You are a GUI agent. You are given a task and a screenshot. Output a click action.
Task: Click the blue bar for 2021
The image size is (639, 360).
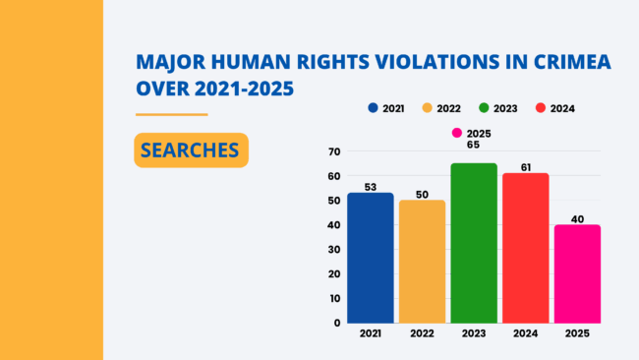(371, 258)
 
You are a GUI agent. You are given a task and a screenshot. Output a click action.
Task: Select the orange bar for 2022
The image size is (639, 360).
(422, 262)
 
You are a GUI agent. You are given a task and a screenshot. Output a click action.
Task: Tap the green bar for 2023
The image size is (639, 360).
(474, 243)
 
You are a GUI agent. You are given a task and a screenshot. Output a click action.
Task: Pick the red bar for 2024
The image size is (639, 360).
(526, 248)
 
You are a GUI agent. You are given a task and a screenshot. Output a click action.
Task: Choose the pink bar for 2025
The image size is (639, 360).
(577, 274)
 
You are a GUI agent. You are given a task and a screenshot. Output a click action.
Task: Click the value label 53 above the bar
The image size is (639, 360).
(371, 187)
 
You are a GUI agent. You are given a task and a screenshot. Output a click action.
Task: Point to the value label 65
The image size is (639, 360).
(473, 146)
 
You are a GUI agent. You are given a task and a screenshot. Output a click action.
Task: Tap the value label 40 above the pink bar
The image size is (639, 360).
(577, 219)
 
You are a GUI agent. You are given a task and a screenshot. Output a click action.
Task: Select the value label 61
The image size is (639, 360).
(526, 167)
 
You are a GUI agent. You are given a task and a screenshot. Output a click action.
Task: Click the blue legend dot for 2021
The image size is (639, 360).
(373, 108)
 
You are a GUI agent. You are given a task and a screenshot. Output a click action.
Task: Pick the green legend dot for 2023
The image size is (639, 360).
(484, 108)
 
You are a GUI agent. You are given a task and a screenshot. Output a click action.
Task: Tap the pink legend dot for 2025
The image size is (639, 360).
(457, 133)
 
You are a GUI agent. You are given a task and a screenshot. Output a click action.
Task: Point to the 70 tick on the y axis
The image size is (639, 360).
(334, 151)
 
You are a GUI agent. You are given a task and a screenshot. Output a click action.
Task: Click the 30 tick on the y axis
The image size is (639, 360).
(334, 250)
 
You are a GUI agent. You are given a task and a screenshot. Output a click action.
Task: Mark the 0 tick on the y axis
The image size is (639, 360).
(337, 323)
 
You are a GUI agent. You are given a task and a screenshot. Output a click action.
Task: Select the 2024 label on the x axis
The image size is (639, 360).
(526, 333)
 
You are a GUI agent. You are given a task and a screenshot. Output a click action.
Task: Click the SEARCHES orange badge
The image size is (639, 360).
(191, 150)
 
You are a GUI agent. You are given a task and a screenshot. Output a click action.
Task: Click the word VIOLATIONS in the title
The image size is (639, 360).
(436, 62)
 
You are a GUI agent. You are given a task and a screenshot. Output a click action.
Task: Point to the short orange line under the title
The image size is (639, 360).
(172, 114)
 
